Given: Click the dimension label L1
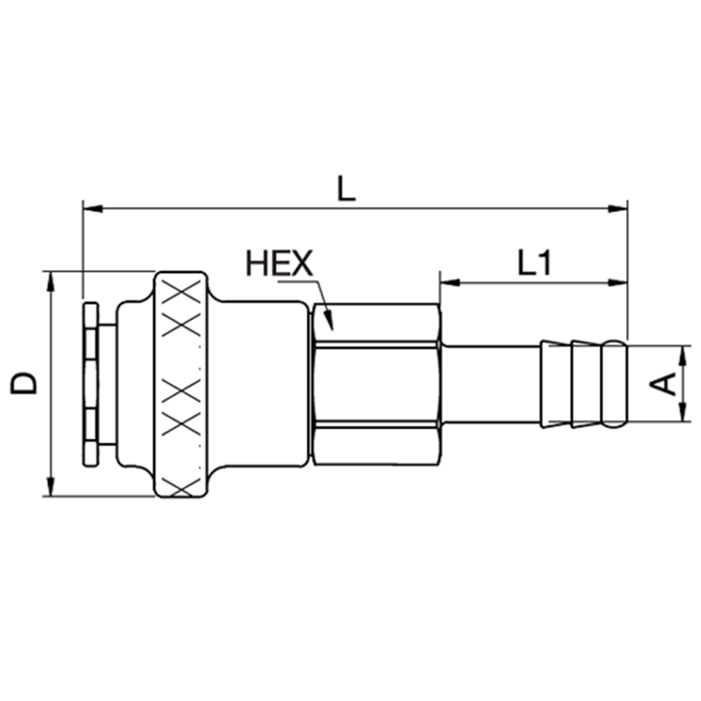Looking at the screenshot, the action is pos(533,263).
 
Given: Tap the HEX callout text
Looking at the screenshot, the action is pos(280,264).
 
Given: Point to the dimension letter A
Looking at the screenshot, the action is pos(663,384).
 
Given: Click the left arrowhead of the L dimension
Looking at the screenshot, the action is pos(93,208).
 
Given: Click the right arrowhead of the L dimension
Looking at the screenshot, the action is pos(618,208).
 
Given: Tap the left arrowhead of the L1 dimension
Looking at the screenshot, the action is pos(450,283).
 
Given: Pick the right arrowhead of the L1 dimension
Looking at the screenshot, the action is pos(618,283).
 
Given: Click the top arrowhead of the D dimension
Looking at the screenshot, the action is pos(51,281).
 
